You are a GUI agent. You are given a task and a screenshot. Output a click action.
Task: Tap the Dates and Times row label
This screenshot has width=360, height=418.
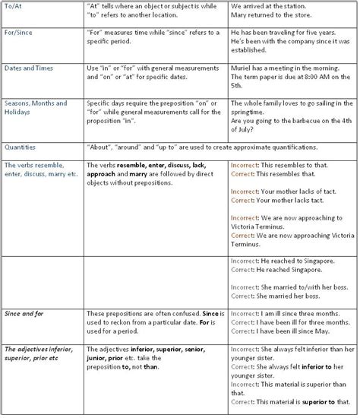[30, 68]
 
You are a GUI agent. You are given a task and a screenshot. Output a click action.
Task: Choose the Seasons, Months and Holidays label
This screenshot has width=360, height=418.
[36, 108]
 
